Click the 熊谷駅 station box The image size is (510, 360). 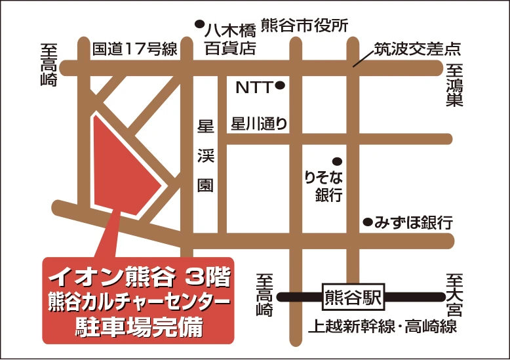pyautogui.click(x=351, y=297)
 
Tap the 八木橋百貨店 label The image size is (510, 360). pyautogui.click(x=229, y=39)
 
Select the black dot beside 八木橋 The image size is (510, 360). pyautogui.click(x=199, y=25)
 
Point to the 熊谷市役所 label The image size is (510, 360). pyautogui.click(x=304, y=25)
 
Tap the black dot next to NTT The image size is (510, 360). pyautogui.click(x=280, y=85)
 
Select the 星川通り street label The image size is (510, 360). pyautogui.click(x=258, y=124)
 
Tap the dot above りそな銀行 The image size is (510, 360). pyautogui.click(x=337, y=160)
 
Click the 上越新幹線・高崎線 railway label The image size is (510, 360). pyautogui.click(x=383, y=326)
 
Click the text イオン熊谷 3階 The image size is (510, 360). pyautogui.click(x=138, y=278)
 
